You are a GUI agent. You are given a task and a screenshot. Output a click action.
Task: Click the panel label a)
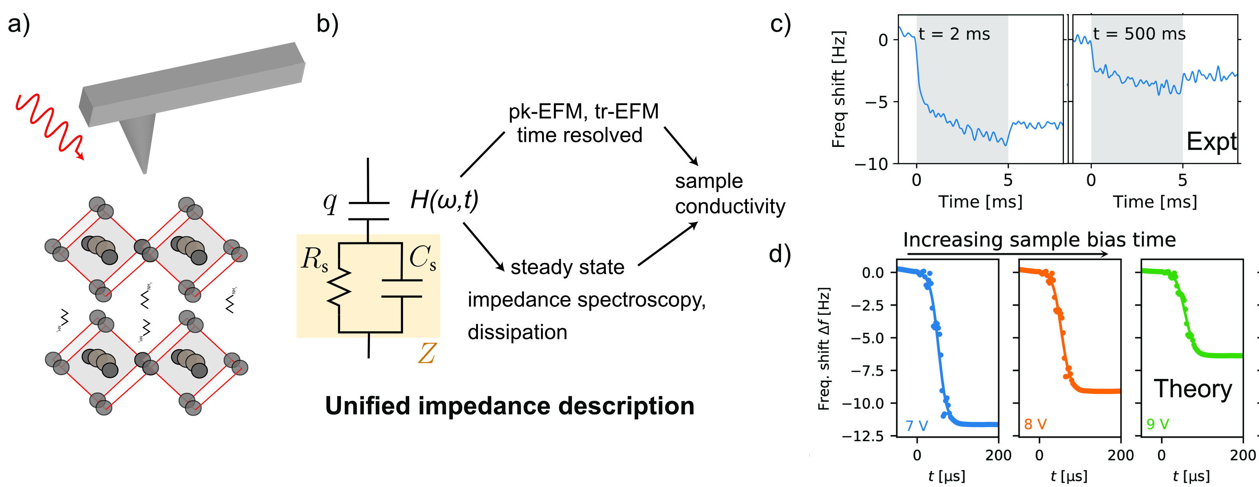coord(19,24)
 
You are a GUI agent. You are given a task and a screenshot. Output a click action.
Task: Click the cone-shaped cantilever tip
coord(138,142)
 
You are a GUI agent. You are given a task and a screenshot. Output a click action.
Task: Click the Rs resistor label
coord(314,259)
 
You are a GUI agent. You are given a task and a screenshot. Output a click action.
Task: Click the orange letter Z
coord(427,354)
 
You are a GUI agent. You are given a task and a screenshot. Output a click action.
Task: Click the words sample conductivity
coord(730,194)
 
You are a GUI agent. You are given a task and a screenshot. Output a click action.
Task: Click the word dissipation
coord(517,332)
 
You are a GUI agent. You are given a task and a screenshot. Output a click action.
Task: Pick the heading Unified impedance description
coord(509,406)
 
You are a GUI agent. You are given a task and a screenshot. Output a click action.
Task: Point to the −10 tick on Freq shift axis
coord(877,164)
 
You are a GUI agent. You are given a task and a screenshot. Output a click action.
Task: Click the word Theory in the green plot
coord(1193,389)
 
